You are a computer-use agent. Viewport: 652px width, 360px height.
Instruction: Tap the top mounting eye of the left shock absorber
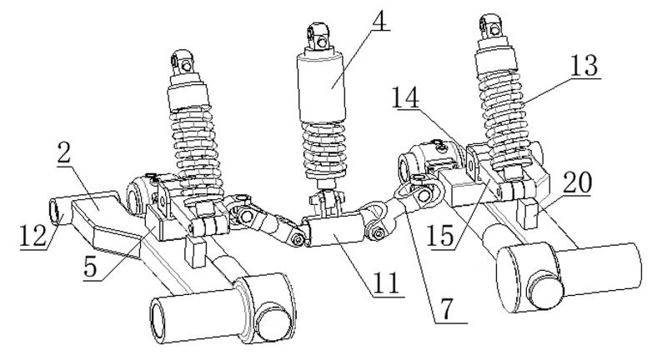pos(182,60)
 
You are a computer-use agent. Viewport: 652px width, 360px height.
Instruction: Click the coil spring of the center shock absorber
pos(322,148)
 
